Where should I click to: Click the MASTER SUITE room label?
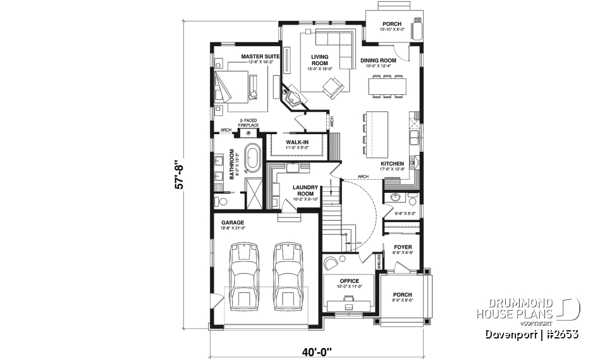tap(260, 57)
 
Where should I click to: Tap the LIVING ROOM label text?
tap(320, 60)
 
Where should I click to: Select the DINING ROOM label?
tap(377, 61)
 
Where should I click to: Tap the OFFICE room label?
tap(349, 281)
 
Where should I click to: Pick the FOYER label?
tap(403, 248)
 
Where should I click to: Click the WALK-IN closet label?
tap(297, 142)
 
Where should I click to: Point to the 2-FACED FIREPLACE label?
tap(248, 124)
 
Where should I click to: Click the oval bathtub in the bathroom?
tap(253, 158)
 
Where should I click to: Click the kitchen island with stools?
tap(377, 133)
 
